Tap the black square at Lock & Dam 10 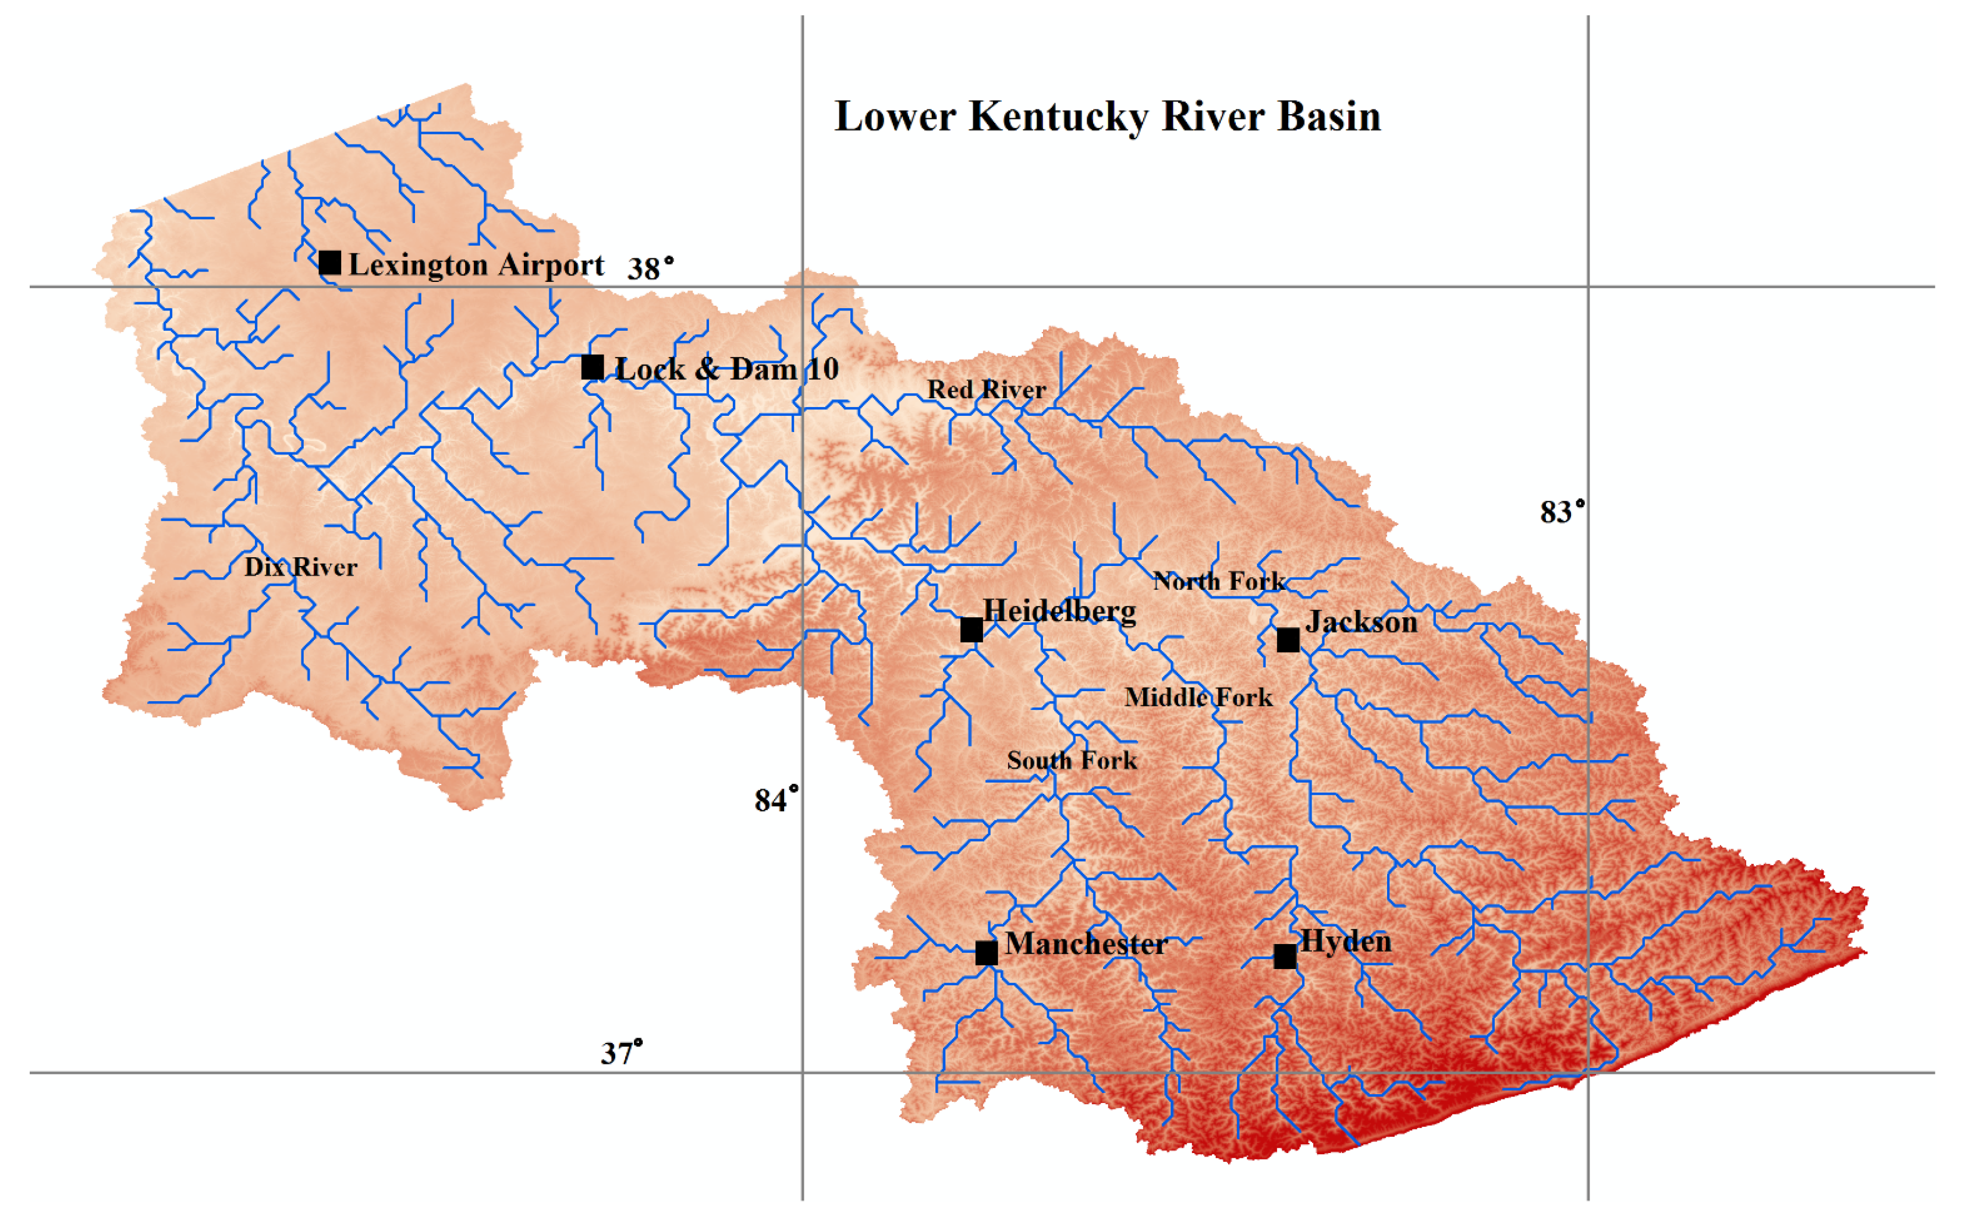click(593, 367)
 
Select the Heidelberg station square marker click(971, 630)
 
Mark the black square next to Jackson click(1288, 640)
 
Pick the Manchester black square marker click(987, 953)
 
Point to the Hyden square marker click(1285, 956)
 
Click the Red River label click(987, 390)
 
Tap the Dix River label click(301, 567)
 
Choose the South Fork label click(1072, 760)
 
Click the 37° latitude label click(622, 1052)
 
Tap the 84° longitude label click(775, 799)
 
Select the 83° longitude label click(1561, 511)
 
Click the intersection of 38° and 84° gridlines click(803, 287)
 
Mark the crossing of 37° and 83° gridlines click(1588, 1073)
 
